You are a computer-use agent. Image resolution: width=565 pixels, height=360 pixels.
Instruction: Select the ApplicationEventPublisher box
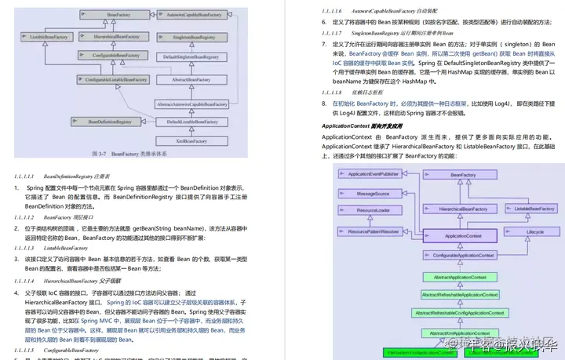373,173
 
